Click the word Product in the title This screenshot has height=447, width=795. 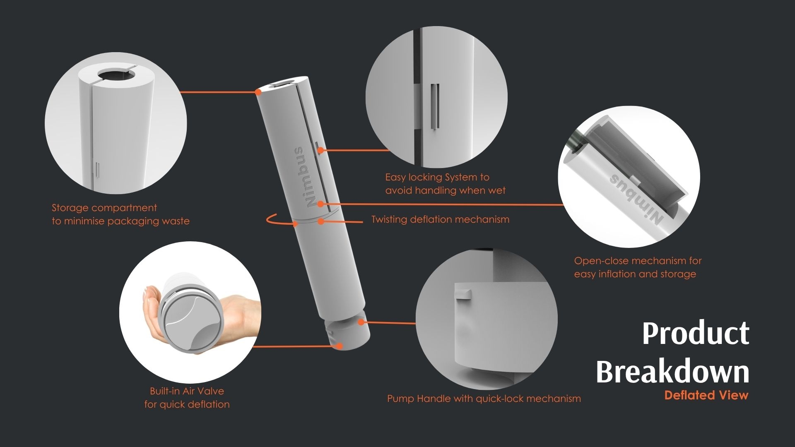696,333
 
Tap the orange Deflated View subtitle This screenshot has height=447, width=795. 706,395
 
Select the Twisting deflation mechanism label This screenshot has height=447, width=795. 440,219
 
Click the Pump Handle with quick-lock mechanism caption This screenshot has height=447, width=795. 484,399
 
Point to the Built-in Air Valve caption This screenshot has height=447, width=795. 187,398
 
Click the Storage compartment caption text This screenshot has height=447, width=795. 120,214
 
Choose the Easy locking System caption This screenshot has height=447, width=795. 446,184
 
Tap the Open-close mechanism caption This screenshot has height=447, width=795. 638,267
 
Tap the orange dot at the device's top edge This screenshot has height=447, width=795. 258,91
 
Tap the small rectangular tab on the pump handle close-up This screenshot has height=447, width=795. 463,294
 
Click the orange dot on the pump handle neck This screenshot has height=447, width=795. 361,322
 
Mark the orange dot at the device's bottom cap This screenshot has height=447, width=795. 340,346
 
